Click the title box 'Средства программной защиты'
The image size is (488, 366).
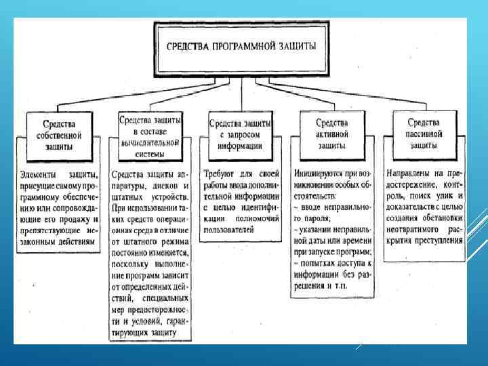[241, 49]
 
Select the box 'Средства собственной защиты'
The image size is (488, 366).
[58, 134]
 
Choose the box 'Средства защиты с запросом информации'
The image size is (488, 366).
[241, 134]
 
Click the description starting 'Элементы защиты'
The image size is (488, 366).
[59, 202]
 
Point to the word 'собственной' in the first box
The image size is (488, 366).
[58, 134]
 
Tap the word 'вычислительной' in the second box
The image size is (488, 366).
[150, 143]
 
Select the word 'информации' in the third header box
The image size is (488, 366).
[241, 145]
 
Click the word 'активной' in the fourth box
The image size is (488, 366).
[332, 134]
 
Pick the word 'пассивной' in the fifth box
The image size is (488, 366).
[423, 134]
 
